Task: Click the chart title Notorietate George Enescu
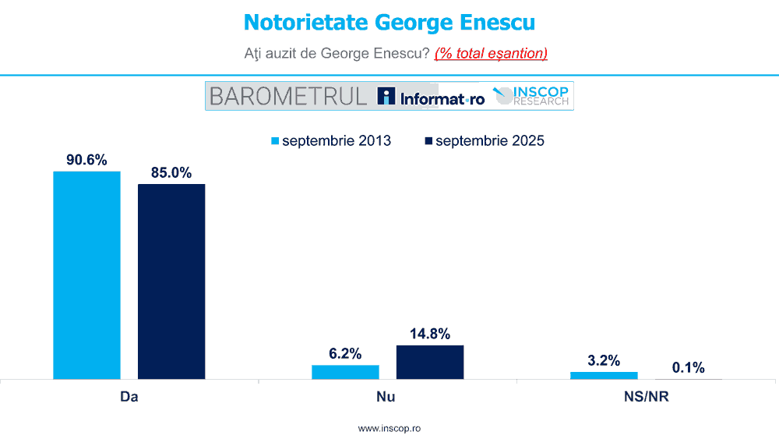point(389,22)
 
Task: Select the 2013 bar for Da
point(86,274)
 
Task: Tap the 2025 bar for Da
point(171,281)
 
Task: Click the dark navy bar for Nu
point(430,362)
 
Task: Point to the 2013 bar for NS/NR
point(604,375)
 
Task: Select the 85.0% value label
point(171,172)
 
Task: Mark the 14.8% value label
point(430,334)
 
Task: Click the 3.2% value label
point(604,360)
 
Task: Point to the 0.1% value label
point(689,367)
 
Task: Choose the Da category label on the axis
point(129,397)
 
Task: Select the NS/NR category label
point(647,397)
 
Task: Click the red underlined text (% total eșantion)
point(491,53)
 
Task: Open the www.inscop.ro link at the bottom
point(389,428)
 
